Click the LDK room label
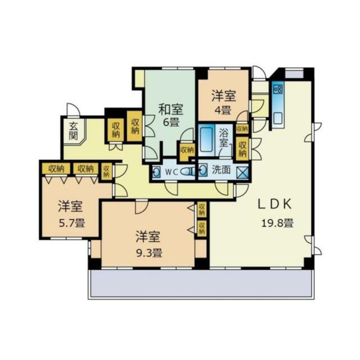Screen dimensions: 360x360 [x=275, y=204]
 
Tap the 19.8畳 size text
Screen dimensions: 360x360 [x=278, y=223]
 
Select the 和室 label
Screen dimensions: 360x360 [x=171, y=109]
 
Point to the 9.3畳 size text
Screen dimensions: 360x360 [x=149, y=253]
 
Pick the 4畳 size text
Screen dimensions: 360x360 [x=223, y=111]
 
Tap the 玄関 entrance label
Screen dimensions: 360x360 [x=73, y=131]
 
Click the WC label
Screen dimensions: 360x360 [x=172, y=172]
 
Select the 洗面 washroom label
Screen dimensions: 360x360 [x=221, y=170]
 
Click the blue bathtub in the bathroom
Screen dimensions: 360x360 [x=206, y=140]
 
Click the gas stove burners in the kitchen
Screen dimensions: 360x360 [x=278, y=89]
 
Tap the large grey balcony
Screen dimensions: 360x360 [x=201, y=284]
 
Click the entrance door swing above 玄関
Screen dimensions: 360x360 [x=73, y=110]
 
